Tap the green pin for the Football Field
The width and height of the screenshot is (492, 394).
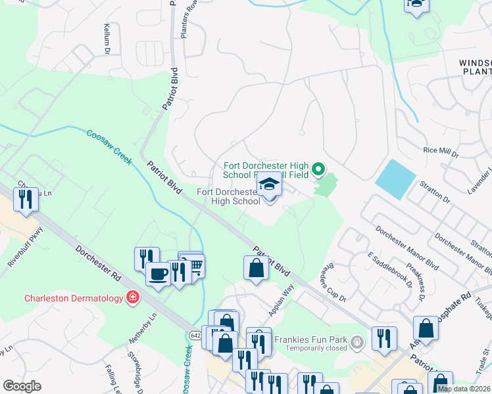coord(318,170)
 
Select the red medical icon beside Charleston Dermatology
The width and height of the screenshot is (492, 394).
coord(133,298)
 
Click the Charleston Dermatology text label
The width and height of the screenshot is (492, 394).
coord(74,298)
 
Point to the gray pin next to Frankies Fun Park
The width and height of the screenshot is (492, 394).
coord(357,341)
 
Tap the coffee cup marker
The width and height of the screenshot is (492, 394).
coord(158,274)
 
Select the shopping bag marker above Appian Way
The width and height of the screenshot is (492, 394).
coord(256,268)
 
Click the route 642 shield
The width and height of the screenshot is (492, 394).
coord(195,335)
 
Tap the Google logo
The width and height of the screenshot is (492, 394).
coord(22,386)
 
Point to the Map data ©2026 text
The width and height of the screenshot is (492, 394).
coord(464,389)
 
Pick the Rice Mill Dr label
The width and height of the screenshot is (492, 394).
coord(440,150)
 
